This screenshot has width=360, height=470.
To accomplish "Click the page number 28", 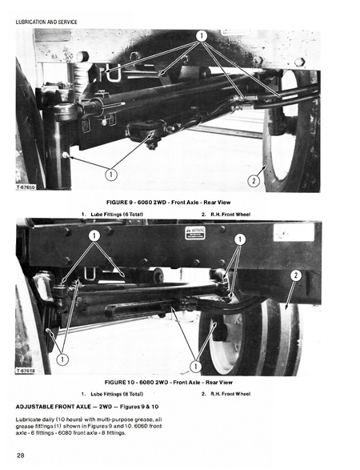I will (21, 455).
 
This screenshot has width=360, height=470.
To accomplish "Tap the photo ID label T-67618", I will (27, 372).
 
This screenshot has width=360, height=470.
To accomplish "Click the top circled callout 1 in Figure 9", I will (202, 36).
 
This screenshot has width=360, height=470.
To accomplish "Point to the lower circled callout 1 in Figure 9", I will (111, 174).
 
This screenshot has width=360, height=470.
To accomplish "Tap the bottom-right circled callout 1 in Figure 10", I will (195, 367).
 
